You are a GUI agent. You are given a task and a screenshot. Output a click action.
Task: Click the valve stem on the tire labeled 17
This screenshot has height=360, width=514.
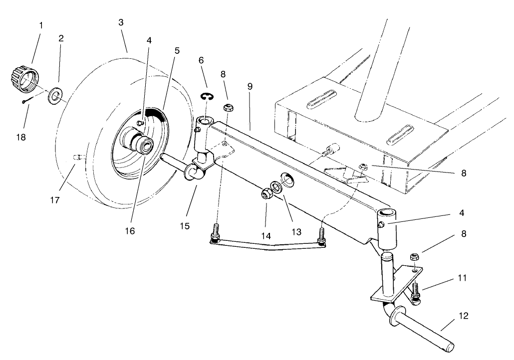[x=77, y=157]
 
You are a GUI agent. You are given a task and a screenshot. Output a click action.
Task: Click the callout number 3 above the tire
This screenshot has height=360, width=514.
[x=121, y=23]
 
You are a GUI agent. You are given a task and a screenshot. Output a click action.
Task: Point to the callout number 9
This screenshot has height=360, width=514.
[x=250, y=87]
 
